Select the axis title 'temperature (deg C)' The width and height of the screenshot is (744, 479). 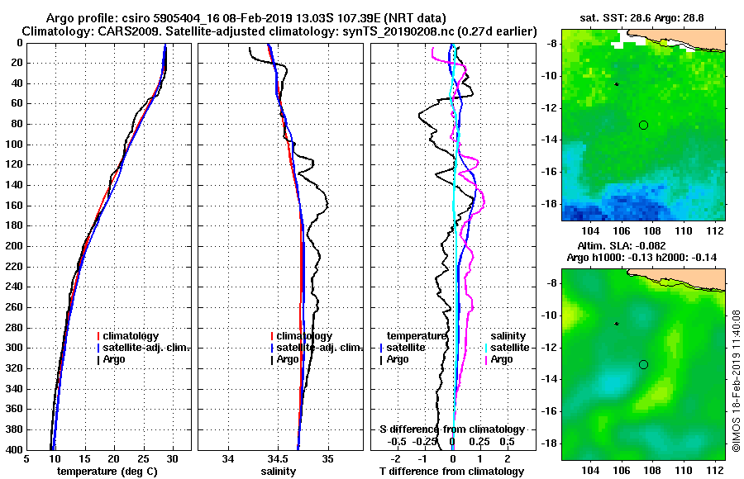click(107, 471)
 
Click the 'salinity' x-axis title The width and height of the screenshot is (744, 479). click(279, 471)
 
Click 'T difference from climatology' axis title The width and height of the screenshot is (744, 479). click(451, 471)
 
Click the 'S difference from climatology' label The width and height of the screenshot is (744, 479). click(451, 429)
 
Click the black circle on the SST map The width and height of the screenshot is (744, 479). click(643, 125)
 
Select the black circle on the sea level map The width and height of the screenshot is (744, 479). click(643, 364)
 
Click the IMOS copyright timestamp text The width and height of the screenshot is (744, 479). click(737, 380)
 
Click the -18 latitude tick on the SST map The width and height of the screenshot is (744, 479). click(552, 204)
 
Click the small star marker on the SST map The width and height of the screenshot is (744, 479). click(616, 84)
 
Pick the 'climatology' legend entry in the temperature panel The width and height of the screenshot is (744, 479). click(132, 336)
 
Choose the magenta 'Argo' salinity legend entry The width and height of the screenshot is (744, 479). click(501, 359)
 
